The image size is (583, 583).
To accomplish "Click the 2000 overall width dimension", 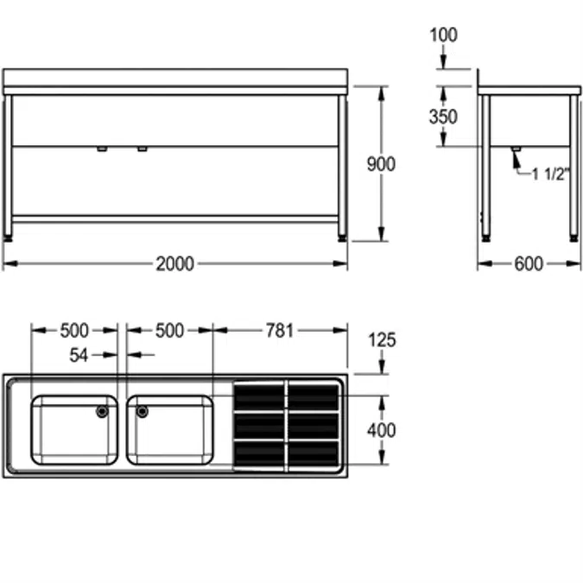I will (x=174, y=263).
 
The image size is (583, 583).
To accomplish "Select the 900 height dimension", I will (x=381, y=164).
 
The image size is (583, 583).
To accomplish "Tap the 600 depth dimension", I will (x=529, y=263).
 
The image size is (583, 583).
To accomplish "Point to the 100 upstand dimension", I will (x=443, y=35).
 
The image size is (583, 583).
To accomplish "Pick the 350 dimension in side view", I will (x=443, y=117).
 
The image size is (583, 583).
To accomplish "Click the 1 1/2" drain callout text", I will (x=550, y=174).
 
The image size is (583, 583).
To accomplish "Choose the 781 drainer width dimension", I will (x=279, y=330).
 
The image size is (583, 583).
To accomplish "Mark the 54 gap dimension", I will (x=79, y=354).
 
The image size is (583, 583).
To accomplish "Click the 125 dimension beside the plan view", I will (x=381, y=339).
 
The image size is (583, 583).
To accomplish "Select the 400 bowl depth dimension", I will (x=381, y=429).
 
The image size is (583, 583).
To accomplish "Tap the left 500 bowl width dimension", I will (x=74, y=330).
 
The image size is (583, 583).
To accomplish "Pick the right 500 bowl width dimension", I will (x=168, y=330).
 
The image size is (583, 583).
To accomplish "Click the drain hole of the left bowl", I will (x=103, y=411).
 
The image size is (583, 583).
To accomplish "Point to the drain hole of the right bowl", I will (x=142, y=411).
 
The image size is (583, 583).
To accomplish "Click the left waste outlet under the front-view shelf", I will (x=102, y=149).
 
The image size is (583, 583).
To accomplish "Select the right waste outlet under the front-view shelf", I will (x=142, y=149).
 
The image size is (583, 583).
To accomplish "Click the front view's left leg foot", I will (x=9, y=233).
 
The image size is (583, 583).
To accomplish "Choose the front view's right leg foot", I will (x=343, y=233).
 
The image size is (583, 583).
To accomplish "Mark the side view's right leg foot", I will (x=573, y=234).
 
